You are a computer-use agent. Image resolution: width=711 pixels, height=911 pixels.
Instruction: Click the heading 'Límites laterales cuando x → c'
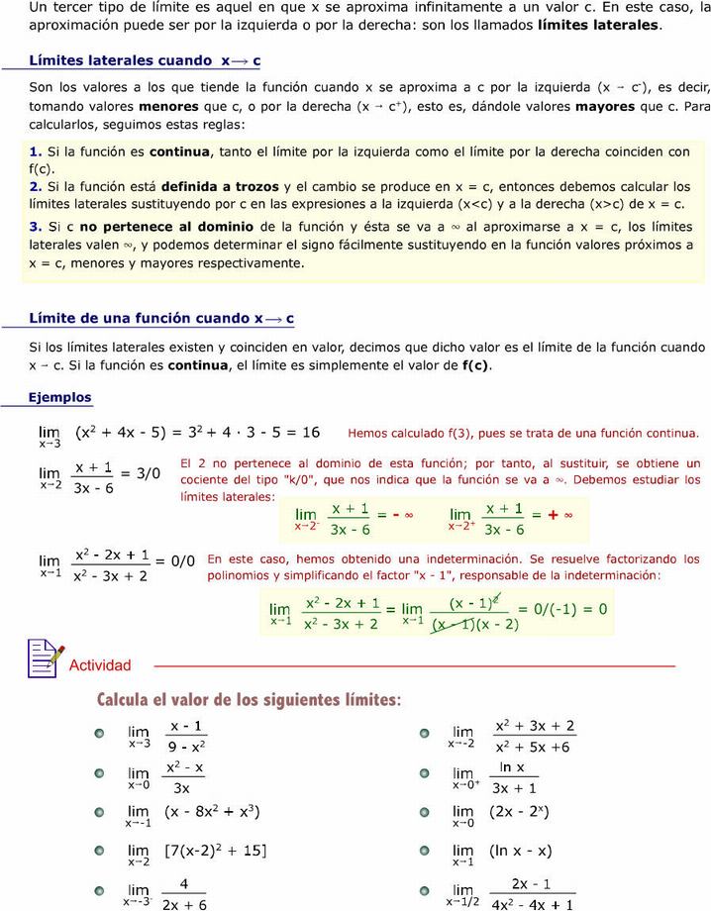[x=145, y=60]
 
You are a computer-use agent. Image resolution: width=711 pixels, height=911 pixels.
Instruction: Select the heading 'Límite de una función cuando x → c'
[x=161, y=318]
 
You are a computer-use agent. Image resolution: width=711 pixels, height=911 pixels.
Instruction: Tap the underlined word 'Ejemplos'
[x=59, y=397]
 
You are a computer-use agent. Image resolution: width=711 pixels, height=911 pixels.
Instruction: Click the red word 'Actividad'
[x=99, y=665]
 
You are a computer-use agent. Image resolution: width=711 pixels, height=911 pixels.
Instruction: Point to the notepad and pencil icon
[x=46, y=658]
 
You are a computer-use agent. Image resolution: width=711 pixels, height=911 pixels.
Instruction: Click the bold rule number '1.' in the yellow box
[x=36, y=152]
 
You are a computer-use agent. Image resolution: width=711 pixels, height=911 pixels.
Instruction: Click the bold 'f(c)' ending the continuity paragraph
[x=475, y=365]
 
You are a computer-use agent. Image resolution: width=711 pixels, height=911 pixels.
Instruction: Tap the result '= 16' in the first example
[x=302, y=432]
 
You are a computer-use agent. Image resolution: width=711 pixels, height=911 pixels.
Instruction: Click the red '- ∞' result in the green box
[x=401, y=515]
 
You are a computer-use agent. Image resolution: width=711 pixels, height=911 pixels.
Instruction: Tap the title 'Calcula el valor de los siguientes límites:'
[x=249, y=700]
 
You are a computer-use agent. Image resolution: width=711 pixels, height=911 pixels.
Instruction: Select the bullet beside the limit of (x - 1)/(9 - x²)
[x=99, y=734]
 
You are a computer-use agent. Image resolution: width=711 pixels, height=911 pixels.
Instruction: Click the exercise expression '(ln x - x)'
[x=520, y=851]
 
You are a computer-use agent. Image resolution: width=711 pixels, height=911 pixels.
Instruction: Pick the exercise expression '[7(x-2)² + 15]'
[x=215, y=851]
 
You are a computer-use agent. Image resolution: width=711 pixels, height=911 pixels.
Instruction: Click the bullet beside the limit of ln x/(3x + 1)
[x=424, y=774]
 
